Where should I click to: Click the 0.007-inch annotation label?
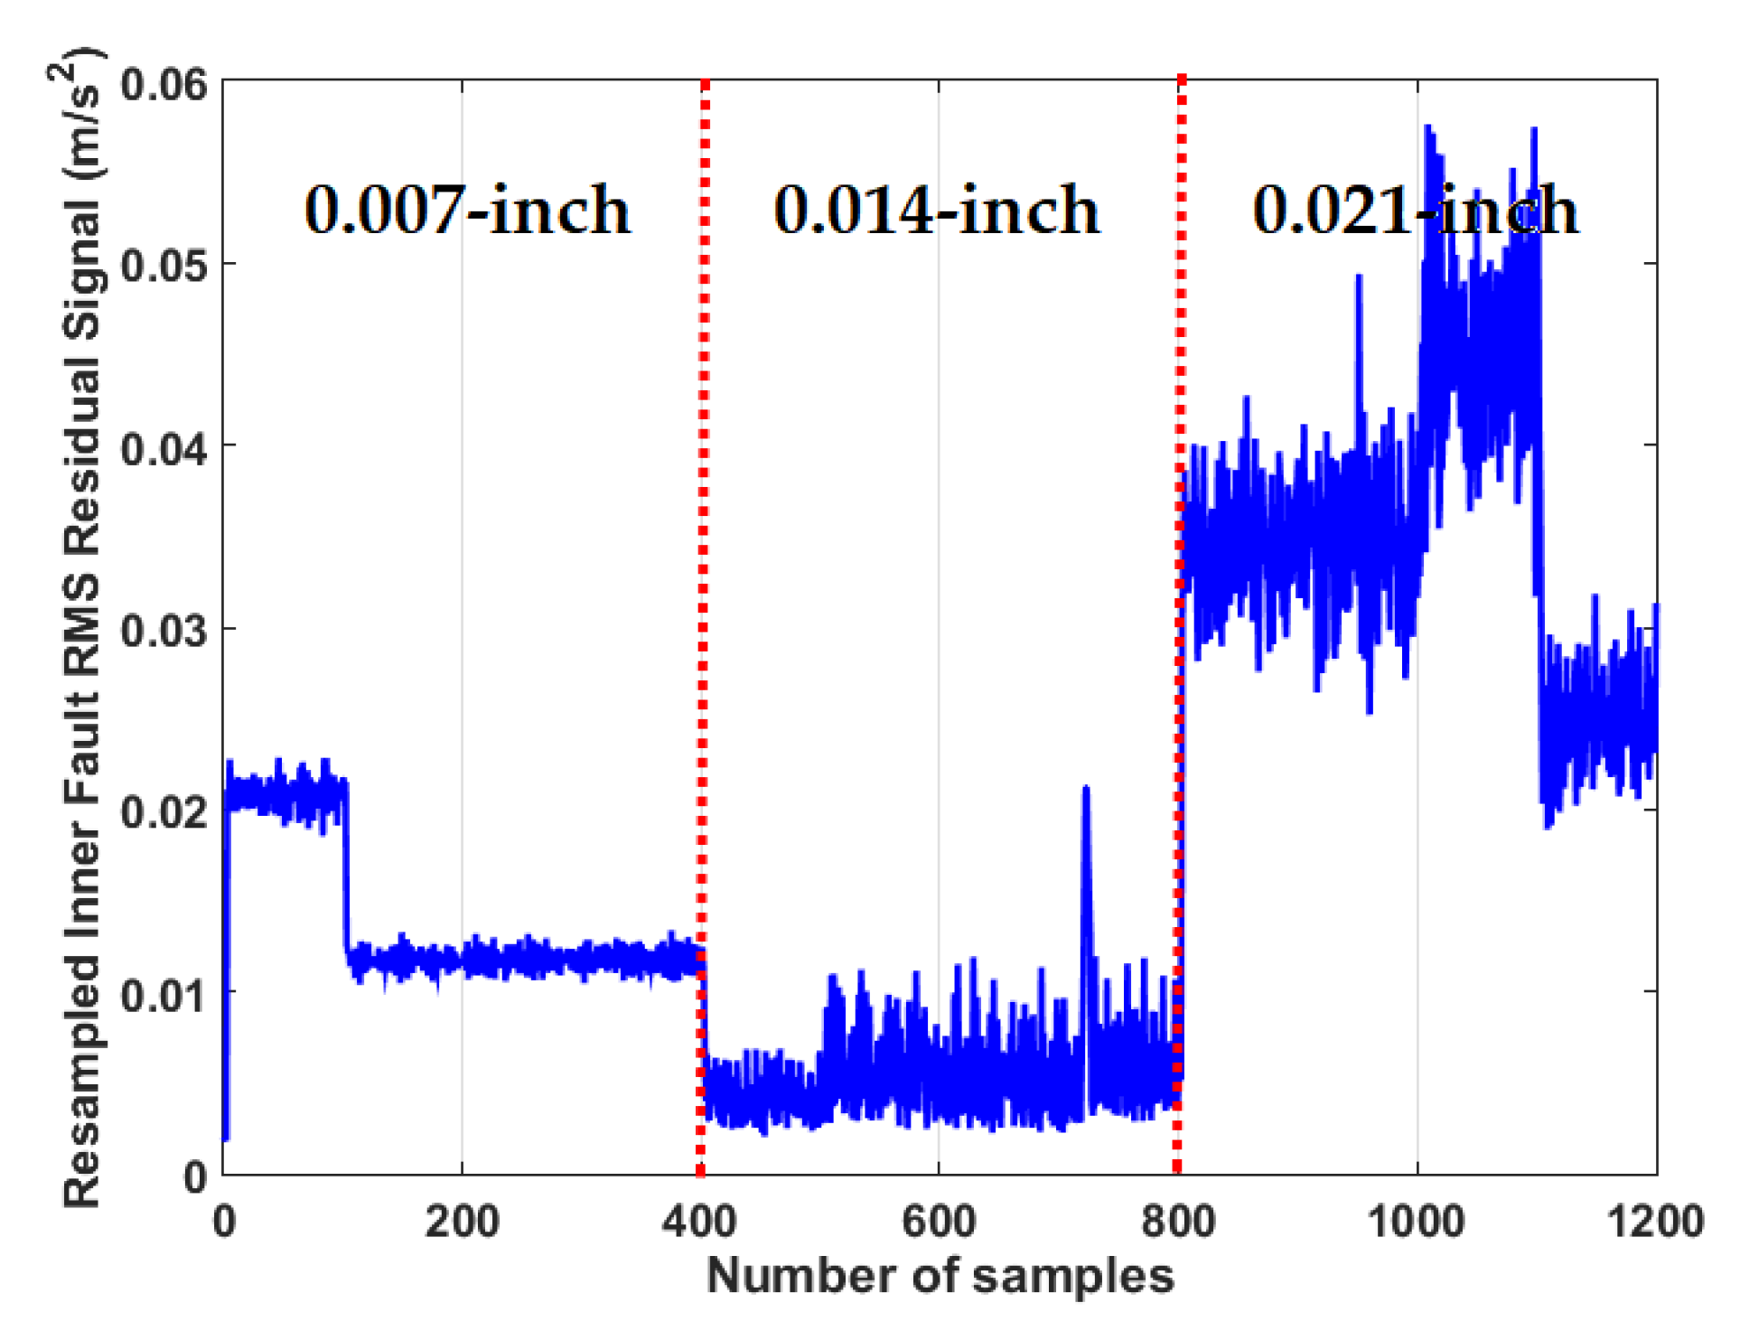coord(466,210)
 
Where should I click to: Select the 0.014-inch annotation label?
coord(936,210)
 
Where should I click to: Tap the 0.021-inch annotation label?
coord(1415,210)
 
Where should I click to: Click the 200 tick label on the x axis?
coord(462,1222)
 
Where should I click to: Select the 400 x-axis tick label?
coord(699,1222)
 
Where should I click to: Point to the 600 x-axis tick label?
coord(939,1222)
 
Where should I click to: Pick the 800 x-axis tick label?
coord(1177,1222)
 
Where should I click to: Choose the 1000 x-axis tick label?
coord(1416,1222)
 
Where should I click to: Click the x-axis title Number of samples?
coord(940,1277)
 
